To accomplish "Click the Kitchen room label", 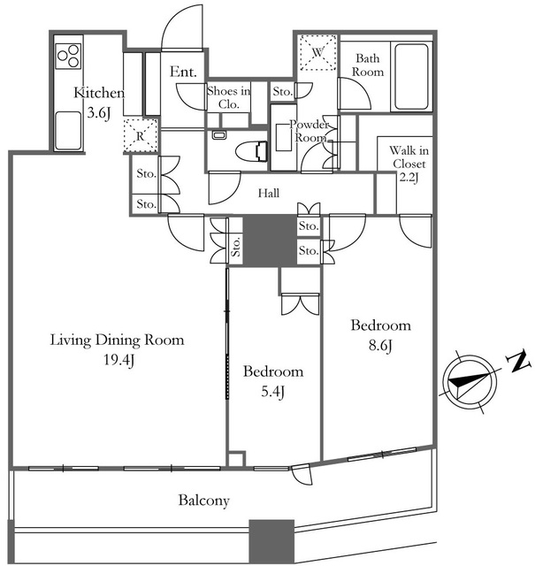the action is click(x=99, y=93).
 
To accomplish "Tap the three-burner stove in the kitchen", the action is click(x=69, y=56).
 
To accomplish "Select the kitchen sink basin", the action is click(x=69, y=130).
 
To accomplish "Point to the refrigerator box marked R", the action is click(x=141, y=135).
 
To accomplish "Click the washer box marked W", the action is click(x=318, y=52).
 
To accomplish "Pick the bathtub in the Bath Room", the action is click(x=412, y=77).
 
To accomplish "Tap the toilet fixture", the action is click(x=252, y=150).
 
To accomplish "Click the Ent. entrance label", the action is click(x=183, y=72).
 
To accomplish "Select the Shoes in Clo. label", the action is click(x=229, y=97).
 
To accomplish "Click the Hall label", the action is click(x=269, y=193).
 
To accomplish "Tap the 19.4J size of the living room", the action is click(x=119, y=360).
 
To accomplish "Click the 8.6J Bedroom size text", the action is click(x=380, y=346).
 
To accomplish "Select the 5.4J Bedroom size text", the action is click(x=273, y=391).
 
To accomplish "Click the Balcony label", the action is click(x=204, y=501).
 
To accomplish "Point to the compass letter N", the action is click(x=519, y=362).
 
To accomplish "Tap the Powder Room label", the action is click(x=310, y=131).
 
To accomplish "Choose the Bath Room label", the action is click(x=368, y=65).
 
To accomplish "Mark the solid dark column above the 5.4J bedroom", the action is click(x=270, y=241).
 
